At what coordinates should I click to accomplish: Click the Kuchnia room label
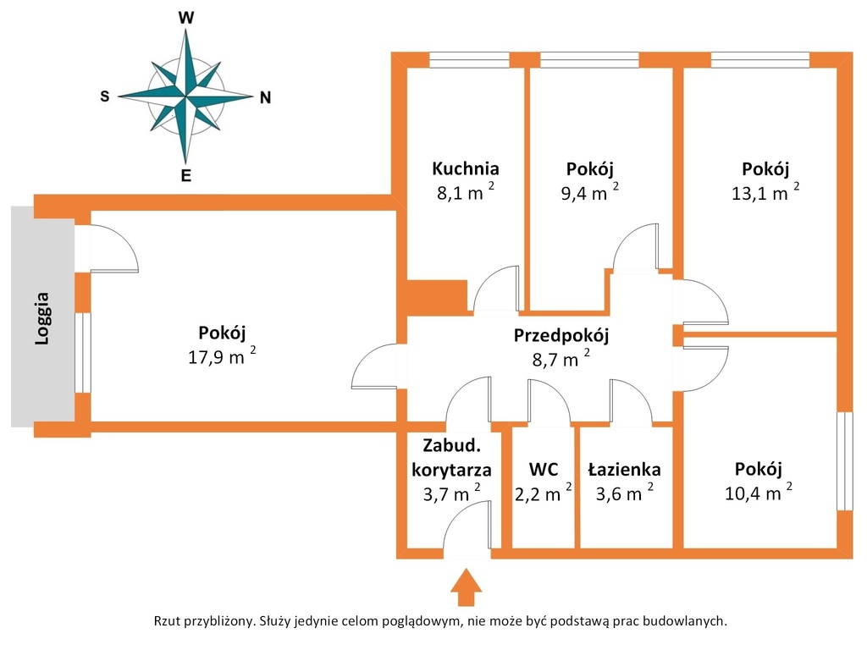tap(465, 168)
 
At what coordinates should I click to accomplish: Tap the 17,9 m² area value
tap(222, 356)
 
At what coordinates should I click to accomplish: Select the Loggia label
tap(42, 319)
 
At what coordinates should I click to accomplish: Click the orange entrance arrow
tap(466, 587)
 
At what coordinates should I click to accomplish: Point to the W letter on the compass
tap(186, 19)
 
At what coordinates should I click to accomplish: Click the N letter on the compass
tap(265, 98)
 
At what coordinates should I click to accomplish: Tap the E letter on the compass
tap(186, 176)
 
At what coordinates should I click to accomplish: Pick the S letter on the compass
tap(105, 96)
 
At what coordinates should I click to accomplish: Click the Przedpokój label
tap(561, 335)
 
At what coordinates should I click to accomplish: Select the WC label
tap(544, 469)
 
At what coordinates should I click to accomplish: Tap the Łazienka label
tap(624, 469)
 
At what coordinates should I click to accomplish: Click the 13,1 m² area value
tap(765, 192)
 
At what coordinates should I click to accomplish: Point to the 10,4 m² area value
tap(758, 492)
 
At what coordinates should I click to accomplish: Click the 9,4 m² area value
tap(589, 192)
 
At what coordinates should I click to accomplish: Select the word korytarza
tap(452, 470)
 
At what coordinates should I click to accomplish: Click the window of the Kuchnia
tap(469, 60)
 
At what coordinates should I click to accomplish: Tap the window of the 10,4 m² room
tap(845, 461)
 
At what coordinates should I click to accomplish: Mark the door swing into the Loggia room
tap(113, 248)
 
